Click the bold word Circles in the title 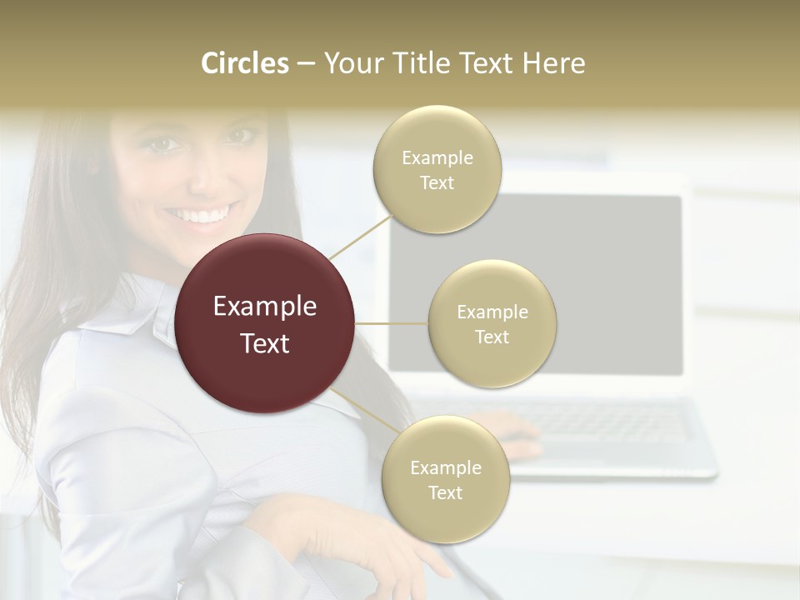pyautogui.click(x=245, y=63)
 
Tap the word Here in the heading pyautogui.click(x=553, y=63)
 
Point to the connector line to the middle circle pyautogui.click(x=392, y=323)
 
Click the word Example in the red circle pyautogui.click(x=265, y=307)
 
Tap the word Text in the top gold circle pyautogui.click(x=437, y=183)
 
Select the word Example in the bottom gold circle pyautogui.click(x=445, y=467)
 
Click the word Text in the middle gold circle pyautogui.click(x=492, y=337)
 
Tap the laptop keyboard pyautogui.click(x=600, y=425)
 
